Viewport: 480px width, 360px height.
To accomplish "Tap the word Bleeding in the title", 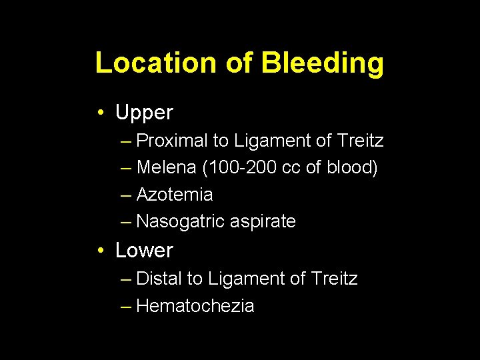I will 322,64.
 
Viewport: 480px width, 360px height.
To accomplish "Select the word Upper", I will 144,113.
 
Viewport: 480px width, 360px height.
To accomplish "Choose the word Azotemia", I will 175,195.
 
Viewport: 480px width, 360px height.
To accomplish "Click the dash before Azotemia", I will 127,195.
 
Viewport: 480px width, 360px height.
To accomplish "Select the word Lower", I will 144,251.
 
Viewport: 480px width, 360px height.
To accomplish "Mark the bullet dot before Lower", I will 99,251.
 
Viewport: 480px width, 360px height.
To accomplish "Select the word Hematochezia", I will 195,306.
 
